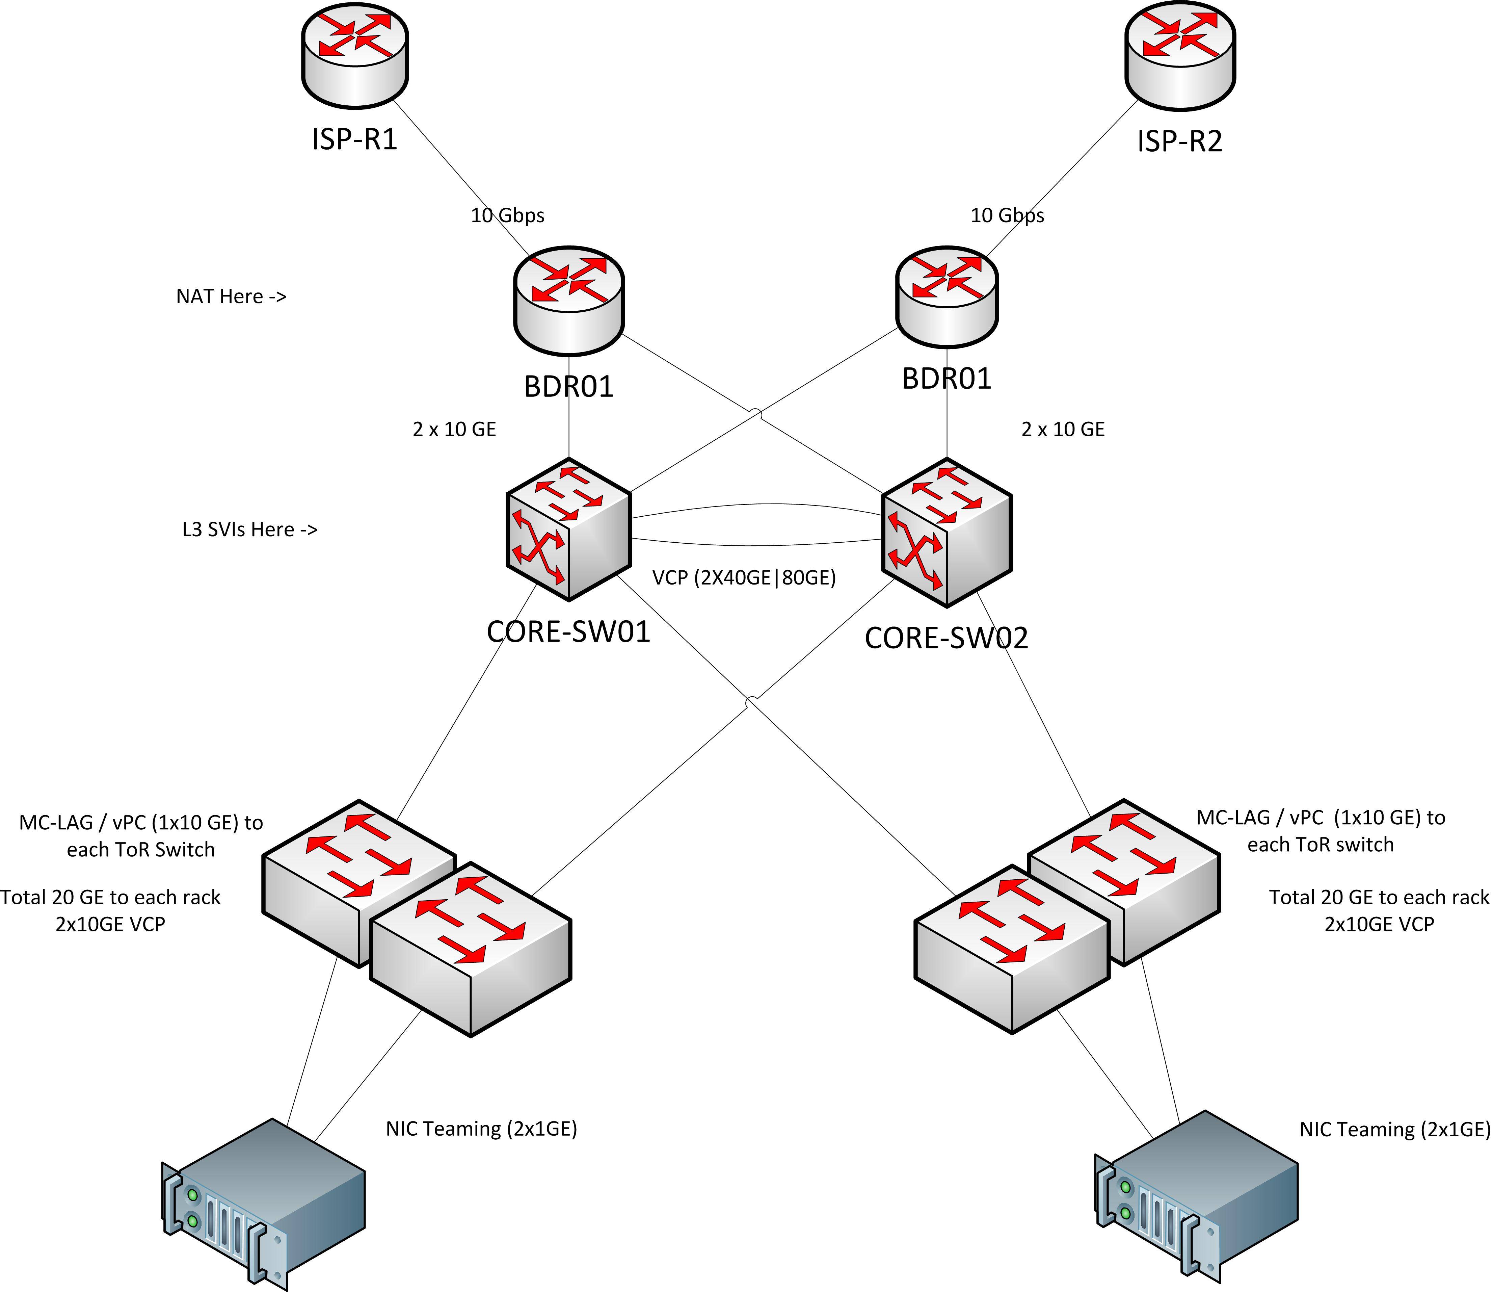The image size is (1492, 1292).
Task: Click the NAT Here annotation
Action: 231,296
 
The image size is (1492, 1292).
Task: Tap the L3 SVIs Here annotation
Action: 249,530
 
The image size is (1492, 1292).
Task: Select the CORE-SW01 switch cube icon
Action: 569,530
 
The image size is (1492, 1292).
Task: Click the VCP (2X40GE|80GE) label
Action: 744,577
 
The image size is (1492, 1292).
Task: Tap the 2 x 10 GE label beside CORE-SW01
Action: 454,430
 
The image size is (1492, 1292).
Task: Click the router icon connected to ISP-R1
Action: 569,301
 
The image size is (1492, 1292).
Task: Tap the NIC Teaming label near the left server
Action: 481,1128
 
